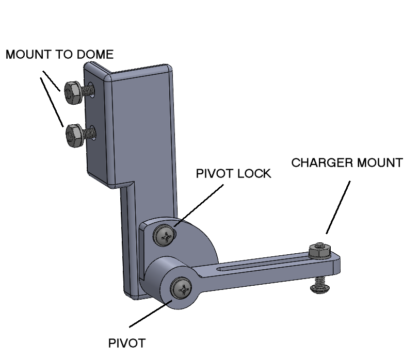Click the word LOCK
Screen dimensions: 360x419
click(253, 173)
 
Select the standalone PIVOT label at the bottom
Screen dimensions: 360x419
click(127, 343)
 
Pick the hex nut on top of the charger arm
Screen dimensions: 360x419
click(319, 251)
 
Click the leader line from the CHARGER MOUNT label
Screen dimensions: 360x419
click(339, 206)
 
